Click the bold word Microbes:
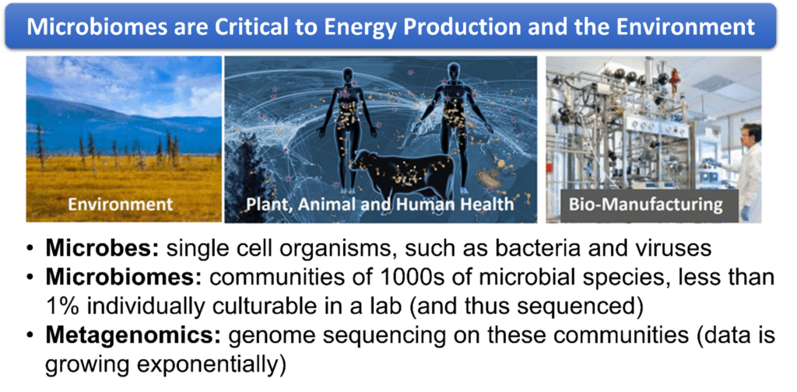coord(103,249)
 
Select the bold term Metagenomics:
coord(133,337)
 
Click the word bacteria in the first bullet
coord(531,250)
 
